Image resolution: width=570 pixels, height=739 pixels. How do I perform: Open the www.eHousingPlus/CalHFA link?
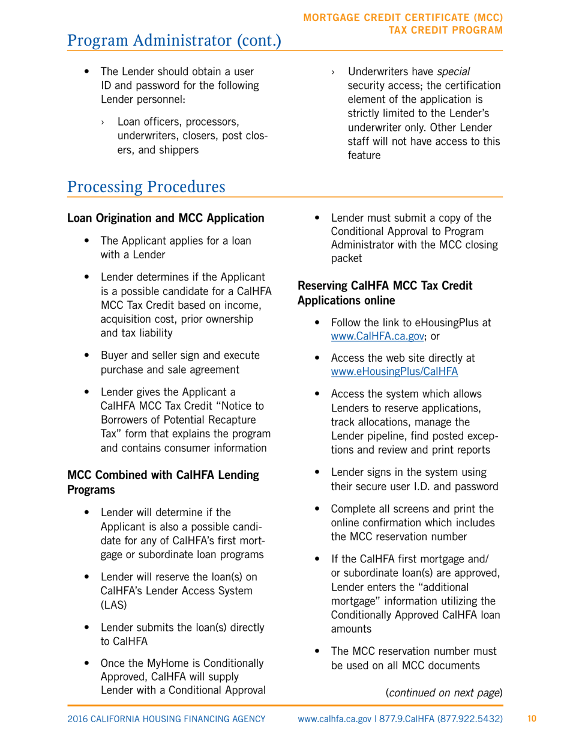coord(394,371)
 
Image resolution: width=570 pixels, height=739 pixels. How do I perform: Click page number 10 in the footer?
coord(531,719)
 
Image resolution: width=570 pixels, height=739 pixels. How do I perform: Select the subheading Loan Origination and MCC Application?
coord(165,217)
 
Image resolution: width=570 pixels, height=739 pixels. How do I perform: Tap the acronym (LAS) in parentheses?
coord(113,607)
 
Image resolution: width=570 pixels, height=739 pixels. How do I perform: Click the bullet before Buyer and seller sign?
coord(88,354)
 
